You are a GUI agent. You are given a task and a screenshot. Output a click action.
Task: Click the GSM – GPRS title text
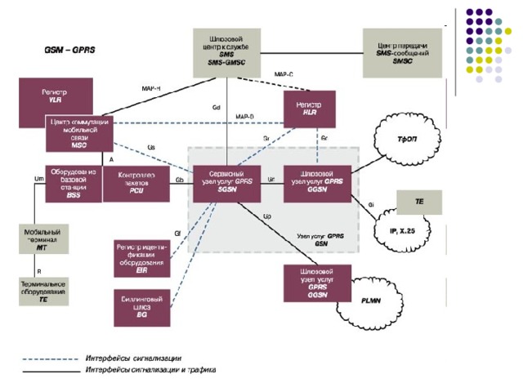pos(69,50)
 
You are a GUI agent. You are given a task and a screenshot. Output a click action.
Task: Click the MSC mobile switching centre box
pos(78,133)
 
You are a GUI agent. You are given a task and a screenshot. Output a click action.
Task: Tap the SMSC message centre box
pos(402,50)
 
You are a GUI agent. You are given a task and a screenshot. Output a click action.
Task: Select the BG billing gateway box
pos(141,307)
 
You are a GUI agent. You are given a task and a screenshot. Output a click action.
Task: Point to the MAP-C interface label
pos(284,74)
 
